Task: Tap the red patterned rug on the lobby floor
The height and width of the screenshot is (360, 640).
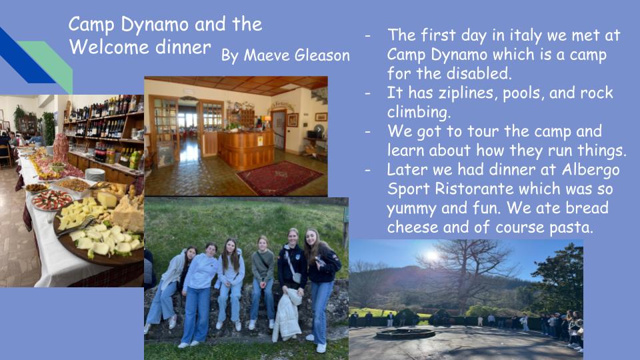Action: coord(279,177)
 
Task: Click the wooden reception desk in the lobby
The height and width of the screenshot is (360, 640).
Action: coord(246,149)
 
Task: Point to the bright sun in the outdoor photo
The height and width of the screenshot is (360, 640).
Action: coord(432,256)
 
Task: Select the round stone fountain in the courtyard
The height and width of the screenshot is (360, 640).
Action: coord(405,334)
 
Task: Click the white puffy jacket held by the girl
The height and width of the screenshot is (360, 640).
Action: coord(287,314)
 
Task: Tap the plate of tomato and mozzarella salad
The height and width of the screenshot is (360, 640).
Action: coord(52,200)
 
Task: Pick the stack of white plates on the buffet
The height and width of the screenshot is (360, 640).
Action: coord(95,175)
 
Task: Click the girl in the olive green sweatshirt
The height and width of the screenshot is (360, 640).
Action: coord(263,281)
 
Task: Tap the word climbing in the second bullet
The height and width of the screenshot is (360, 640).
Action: coord(419,112)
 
